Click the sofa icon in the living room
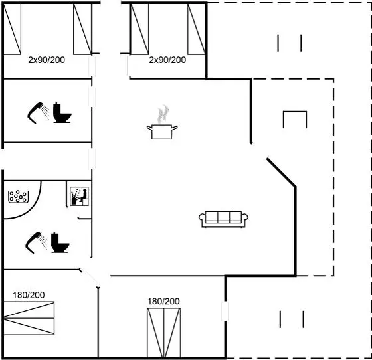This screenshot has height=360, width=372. tap(223, 219)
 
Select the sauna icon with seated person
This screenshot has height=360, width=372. tap(80, 196)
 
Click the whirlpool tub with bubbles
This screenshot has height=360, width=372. tap(19, 197)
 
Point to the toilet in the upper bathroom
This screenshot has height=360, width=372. tap(62, 113)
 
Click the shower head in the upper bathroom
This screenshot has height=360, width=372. tap(39, 113)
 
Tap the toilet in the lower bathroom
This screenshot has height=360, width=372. tap(60, 242)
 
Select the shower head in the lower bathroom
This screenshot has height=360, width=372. tap(37, 242)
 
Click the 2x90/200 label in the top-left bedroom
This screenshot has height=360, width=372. tap(46, 60)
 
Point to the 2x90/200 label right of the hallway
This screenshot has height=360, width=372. tap(167, 60)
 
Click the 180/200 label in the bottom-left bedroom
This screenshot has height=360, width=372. tap(29, 295)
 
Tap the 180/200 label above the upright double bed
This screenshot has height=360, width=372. tap(163, 302)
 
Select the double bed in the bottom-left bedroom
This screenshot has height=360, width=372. tap(29, 318)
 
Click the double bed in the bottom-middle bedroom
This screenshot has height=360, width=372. tap(164, 333)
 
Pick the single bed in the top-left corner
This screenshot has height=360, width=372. tap(13, 29)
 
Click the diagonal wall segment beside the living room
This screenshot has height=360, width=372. tap(282, 172)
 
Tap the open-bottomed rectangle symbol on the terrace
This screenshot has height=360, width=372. tap(295, 112)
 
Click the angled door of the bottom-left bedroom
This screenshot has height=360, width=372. tap(90, 278)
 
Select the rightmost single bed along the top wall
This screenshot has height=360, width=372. tap(197, 29)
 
